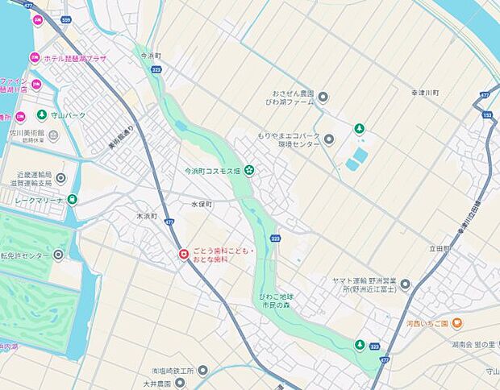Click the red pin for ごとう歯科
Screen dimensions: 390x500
184,255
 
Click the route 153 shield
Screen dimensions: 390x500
487,114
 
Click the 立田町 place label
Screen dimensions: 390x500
440,249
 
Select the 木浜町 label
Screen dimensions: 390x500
146,217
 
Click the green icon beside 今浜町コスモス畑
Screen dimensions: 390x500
250,169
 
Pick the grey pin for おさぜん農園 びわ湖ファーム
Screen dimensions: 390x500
323,98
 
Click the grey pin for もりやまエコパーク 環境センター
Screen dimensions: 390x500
328,139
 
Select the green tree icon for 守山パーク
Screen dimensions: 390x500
41,115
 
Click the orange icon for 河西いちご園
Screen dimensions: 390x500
456,323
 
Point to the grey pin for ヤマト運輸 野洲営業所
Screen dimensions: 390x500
406,284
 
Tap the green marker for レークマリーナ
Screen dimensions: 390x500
73,199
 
